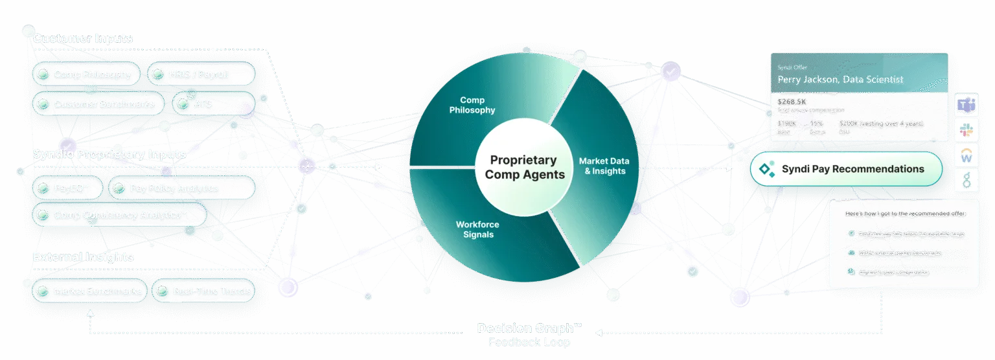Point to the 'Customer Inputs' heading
click(83, 38)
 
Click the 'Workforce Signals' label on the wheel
click(477, 229)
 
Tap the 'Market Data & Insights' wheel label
click(604, 166)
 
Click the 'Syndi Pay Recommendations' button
click(846, 169)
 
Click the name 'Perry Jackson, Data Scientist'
click(840, 80)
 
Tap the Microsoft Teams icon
click(966, 105)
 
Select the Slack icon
click(966, 130)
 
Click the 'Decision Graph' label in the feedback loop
click(529, 328)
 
